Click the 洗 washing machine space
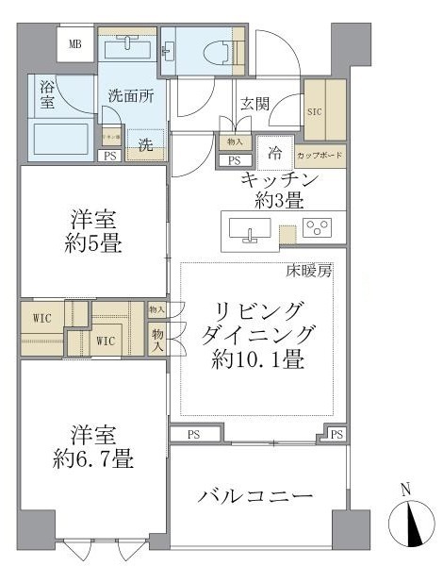point(146,144)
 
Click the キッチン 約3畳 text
point(279,189)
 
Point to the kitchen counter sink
point(249,228)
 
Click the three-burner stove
point(318,226)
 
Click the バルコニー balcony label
point(256,497)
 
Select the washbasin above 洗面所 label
point(126,47)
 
